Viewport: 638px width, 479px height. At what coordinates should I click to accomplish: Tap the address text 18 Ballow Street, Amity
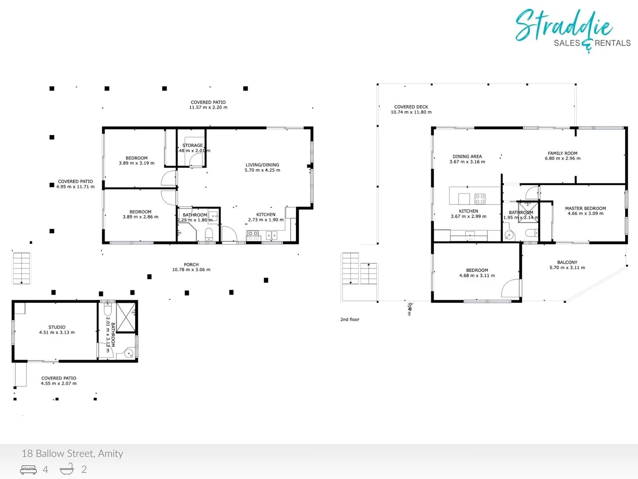pos(72,453)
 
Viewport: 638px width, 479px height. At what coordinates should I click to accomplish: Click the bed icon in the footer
pos(29,469)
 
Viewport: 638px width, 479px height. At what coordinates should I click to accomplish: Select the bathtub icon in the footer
pos(67,469)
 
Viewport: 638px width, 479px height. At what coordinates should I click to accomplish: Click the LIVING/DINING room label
pos(262,165)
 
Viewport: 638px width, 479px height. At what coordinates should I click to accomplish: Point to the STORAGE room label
pos(193,145)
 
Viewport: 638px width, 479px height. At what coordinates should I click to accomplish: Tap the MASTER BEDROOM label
pos(585,208)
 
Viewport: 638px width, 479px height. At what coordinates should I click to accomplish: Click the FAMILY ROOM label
pos(563,153)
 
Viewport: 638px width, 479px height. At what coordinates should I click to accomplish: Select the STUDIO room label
pos(57,327)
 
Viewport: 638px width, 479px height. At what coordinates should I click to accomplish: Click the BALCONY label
pos(567,262)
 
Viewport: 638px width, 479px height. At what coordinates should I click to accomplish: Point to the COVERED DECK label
pos(411,106)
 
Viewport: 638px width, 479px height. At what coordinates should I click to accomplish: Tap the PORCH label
pos(191,264)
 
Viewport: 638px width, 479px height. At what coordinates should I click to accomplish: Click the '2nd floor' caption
pos(350,319)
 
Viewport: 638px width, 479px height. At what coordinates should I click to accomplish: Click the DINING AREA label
pos(467,156)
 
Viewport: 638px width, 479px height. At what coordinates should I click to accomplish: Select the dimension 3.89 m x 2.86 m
pos(140,217)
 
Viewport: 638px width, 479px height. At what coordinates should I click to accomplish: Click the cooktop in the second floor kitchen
pos(480,199)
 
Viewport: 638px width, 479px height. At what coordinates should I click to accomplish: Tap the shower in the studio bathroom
pos(126,317)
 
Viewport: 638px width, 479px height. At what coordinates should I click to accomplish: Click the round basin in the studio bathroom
pos(128,353)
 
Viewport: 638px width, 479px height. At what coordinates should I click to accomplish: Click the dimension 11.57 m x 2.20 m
pos(208,107)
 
